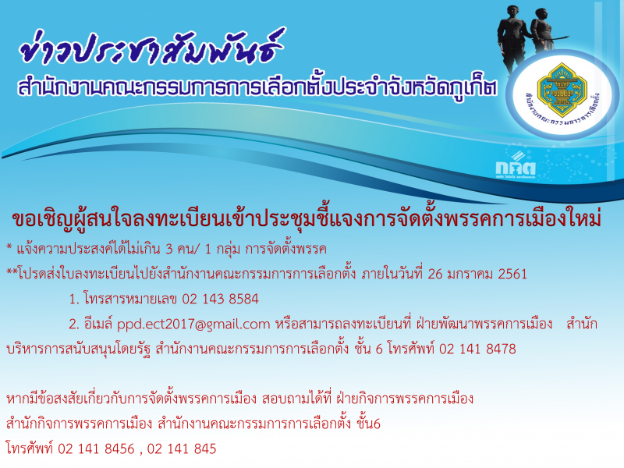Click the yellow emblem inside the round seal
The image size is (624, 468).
[x=562, y=90]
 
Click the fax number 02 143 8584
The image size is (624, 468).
[x=220, y=299]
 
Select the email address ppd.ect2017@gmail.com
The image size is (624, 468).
[x=193, y=324]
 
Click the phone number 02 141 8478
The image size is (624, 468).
[x=477, y=349]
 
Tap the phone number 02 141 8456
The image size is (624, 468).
[x=96, y=449]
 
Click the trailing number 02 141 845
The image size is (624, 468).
[x=182, y=449]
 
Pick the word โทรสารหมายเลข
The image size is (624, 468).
[x=130, y=299]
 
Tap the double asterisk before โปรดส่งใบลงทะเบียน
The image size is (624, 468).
[x=12, y=272]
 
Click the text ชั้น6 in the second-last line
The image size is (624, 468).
[x=368, y=423]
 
